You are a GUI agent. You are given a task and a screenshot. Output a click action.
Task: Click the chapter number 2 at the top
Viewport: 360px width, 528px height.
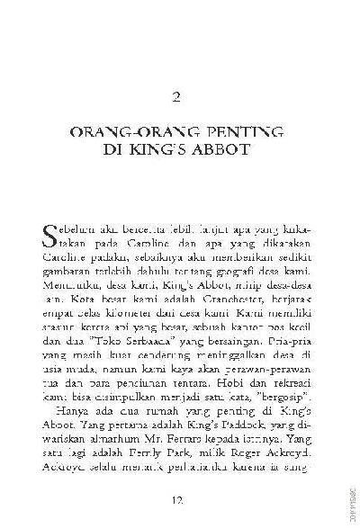pyautogui.click(x=179, y=96)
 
